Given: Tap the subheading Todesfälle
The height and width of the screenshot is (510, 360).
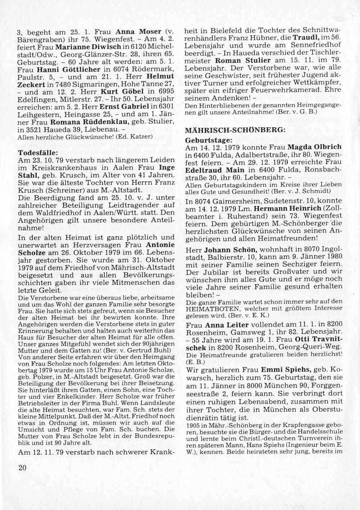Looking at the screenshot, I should (x=35, y=152).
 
